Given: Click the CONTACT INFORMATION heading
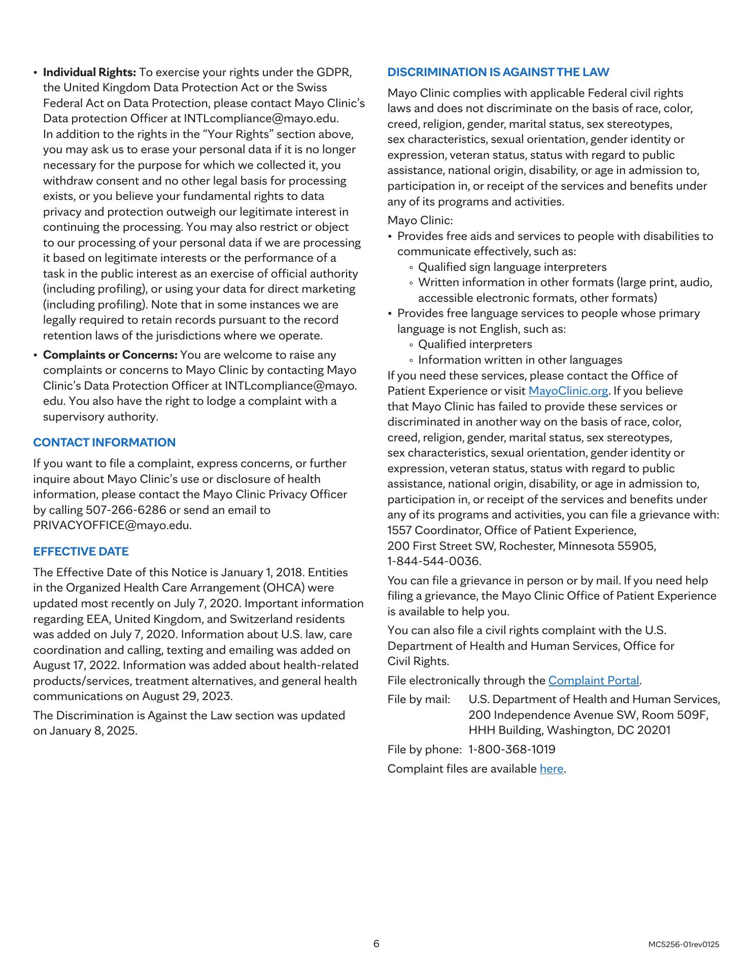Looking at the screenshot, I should (x=104, y=442).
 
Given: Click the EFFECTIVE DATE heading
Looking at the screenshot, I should (x=81, y=551).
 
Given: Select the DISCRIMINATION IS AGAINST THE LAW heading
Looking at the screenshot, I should (x=498, y=72).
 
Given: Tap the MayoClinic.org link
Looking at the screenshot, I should (x=568, y=391).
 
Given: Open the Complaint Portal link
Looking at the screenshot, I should (x=593, y=681).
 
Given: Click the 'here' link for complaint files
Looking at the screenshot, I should (x=551, y=769).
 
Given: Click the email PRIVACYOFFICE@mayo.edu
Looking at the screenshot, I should (x=112, y=526).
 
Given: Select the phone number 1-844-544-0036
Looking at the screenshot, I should (x=434, y=562).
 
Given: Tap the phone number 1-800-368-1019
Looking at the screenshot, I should (x=511, y=749).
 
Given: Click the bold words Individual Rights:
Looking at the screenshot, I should (x=89, y=72).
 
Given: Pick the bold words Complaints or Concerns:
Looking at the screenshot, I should (x=110, y=355).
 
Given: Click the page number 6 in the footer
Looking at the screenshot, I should (x=376, y=944).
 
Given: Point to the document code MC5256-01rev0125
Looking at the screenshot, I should (x=683, y=945).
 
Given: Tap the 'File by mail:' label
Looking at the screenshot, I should (x=419, y=700).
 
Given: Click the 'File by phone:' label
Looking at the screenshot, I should (x=424, y=749).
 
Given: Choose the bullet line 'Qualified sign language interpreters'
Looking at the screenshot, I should (x=512, y=267).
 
